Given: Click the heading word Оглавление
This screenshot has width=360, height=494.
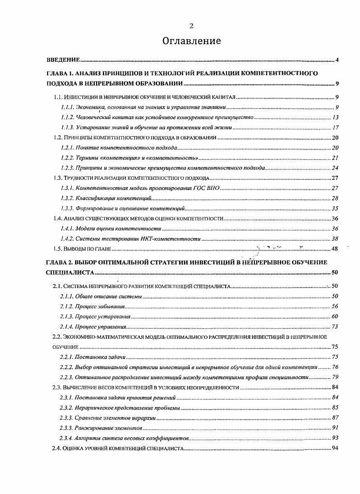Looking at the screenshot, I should pyautogui.click(x=192, y=41).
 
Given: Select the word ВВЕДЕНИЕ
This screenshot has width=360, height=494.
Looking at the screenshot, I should pyautogui.click(x=63, y=60).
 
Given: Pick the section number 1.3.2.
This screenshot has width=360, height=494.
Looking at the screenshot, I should pyautogui.click(x=67, y=198).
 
